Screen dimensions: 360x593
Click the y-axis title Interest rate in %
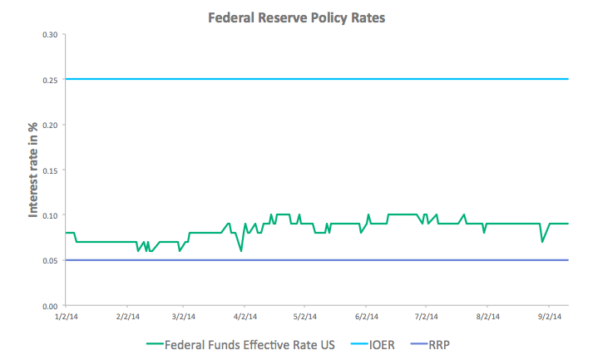33,170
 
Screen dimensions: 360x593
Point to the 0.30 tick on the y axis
50,34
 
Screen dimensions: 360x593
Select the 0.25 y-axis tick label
50,80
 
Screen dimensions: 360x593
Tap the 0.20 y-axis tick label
50,125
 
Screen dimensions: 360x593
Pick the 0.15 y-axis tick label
50,170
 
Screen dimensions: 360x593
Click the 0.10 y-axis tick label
50,215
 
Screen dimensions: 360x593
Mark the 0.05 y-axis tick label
50,261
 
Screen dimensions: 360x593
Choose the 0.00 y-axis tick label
50,306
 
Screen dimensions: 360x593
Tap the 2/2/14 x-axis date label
127,317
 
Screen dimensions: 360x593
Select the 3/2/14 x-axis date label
184,317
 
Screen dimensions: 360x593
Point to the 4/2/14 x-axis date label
245,317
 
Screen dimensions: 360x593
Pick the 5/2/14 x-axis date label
306,317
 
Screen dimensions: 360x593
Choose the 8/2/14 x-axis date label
489,317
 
